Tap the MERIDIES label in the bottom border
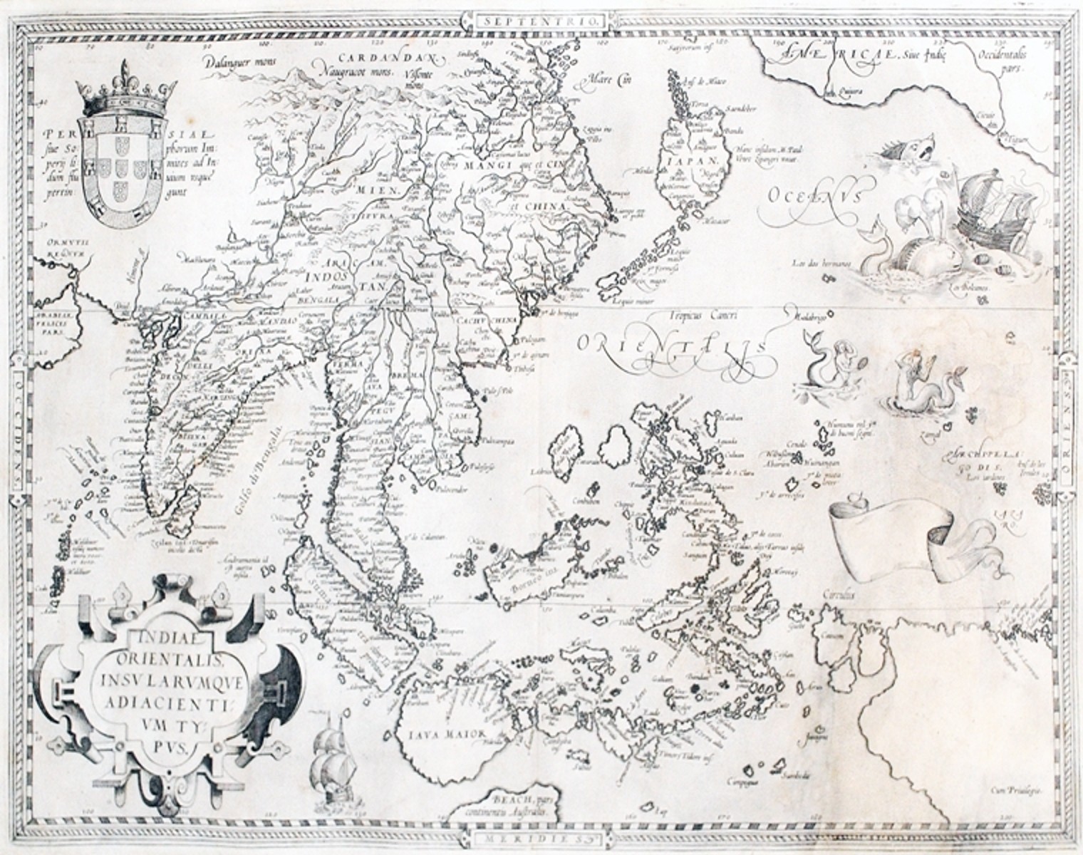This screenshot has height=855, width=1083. [540, 838]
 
